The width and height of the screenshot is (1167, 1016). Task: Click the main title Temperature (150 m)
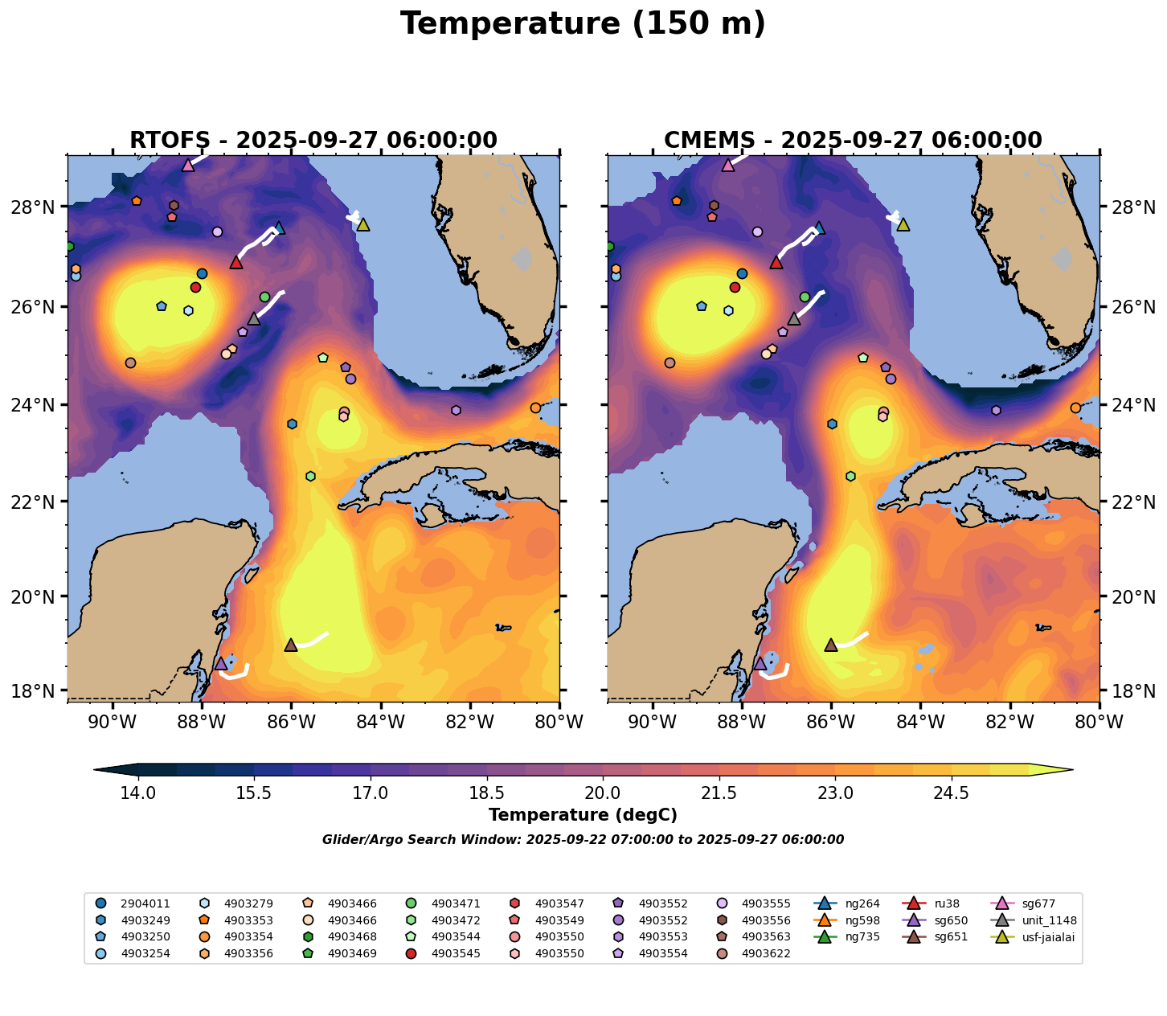point(583,24)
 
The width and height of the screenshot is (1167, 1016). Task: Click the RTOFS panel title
point(313,141)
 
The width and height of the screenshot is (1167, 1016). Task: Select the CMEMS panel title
point(853,141)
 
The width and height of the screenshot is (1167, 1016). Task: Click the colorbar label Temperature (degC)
point(583,815)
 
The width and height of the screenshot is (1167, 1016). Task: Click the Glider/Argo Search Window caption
point(583,840)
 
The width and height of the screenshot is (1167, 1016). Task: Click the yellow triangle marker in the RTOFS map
point(362,224)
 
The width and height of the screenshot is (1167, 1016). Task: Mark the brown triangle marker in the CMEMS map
point(831,645)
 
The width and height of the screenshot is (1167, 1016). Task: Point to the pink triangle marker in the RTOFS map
point(188,165)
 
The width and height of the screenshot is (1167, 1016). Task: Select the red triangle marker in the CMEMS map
point(776,262)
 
